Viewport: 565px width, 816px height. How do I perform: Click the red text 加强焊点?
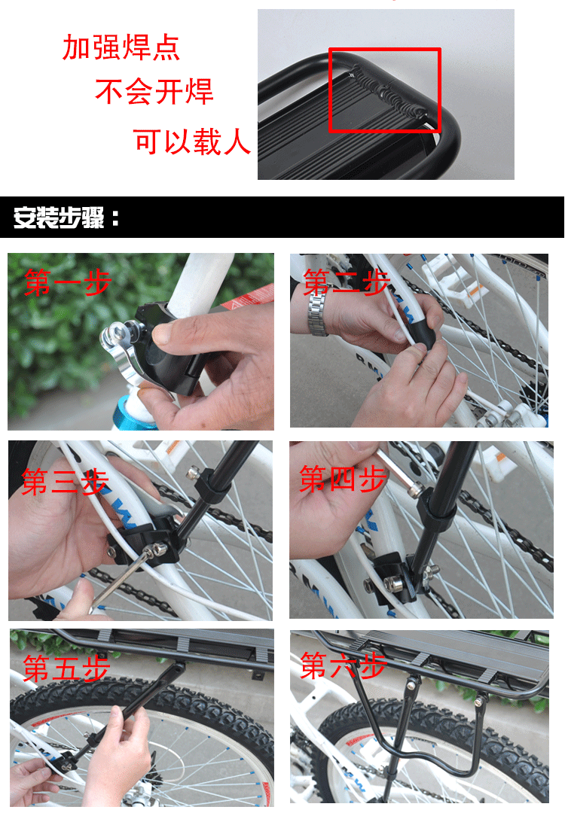point(121,47)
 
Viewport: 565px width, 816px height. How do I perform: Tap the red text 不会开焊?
point(154,92)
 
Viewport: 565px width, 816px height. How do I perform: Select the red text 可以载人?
point(192,141)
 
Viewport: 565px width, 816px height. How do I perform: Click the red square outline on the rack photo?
point(385,90)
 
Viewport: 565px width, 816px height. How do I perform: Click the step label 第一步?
point(67,283)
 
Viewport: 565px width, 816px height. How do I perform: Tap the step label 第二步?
point(346,283)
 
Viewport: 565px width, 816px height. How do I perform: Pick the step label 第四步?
point(343,479)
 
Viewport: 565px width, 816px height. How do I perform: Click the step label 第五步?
point(66,668)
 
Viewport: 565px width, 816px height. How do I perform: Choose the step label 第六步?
point(344,665)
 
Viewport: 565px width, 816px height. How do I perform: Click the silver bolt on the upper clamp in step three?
point(193,475)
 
